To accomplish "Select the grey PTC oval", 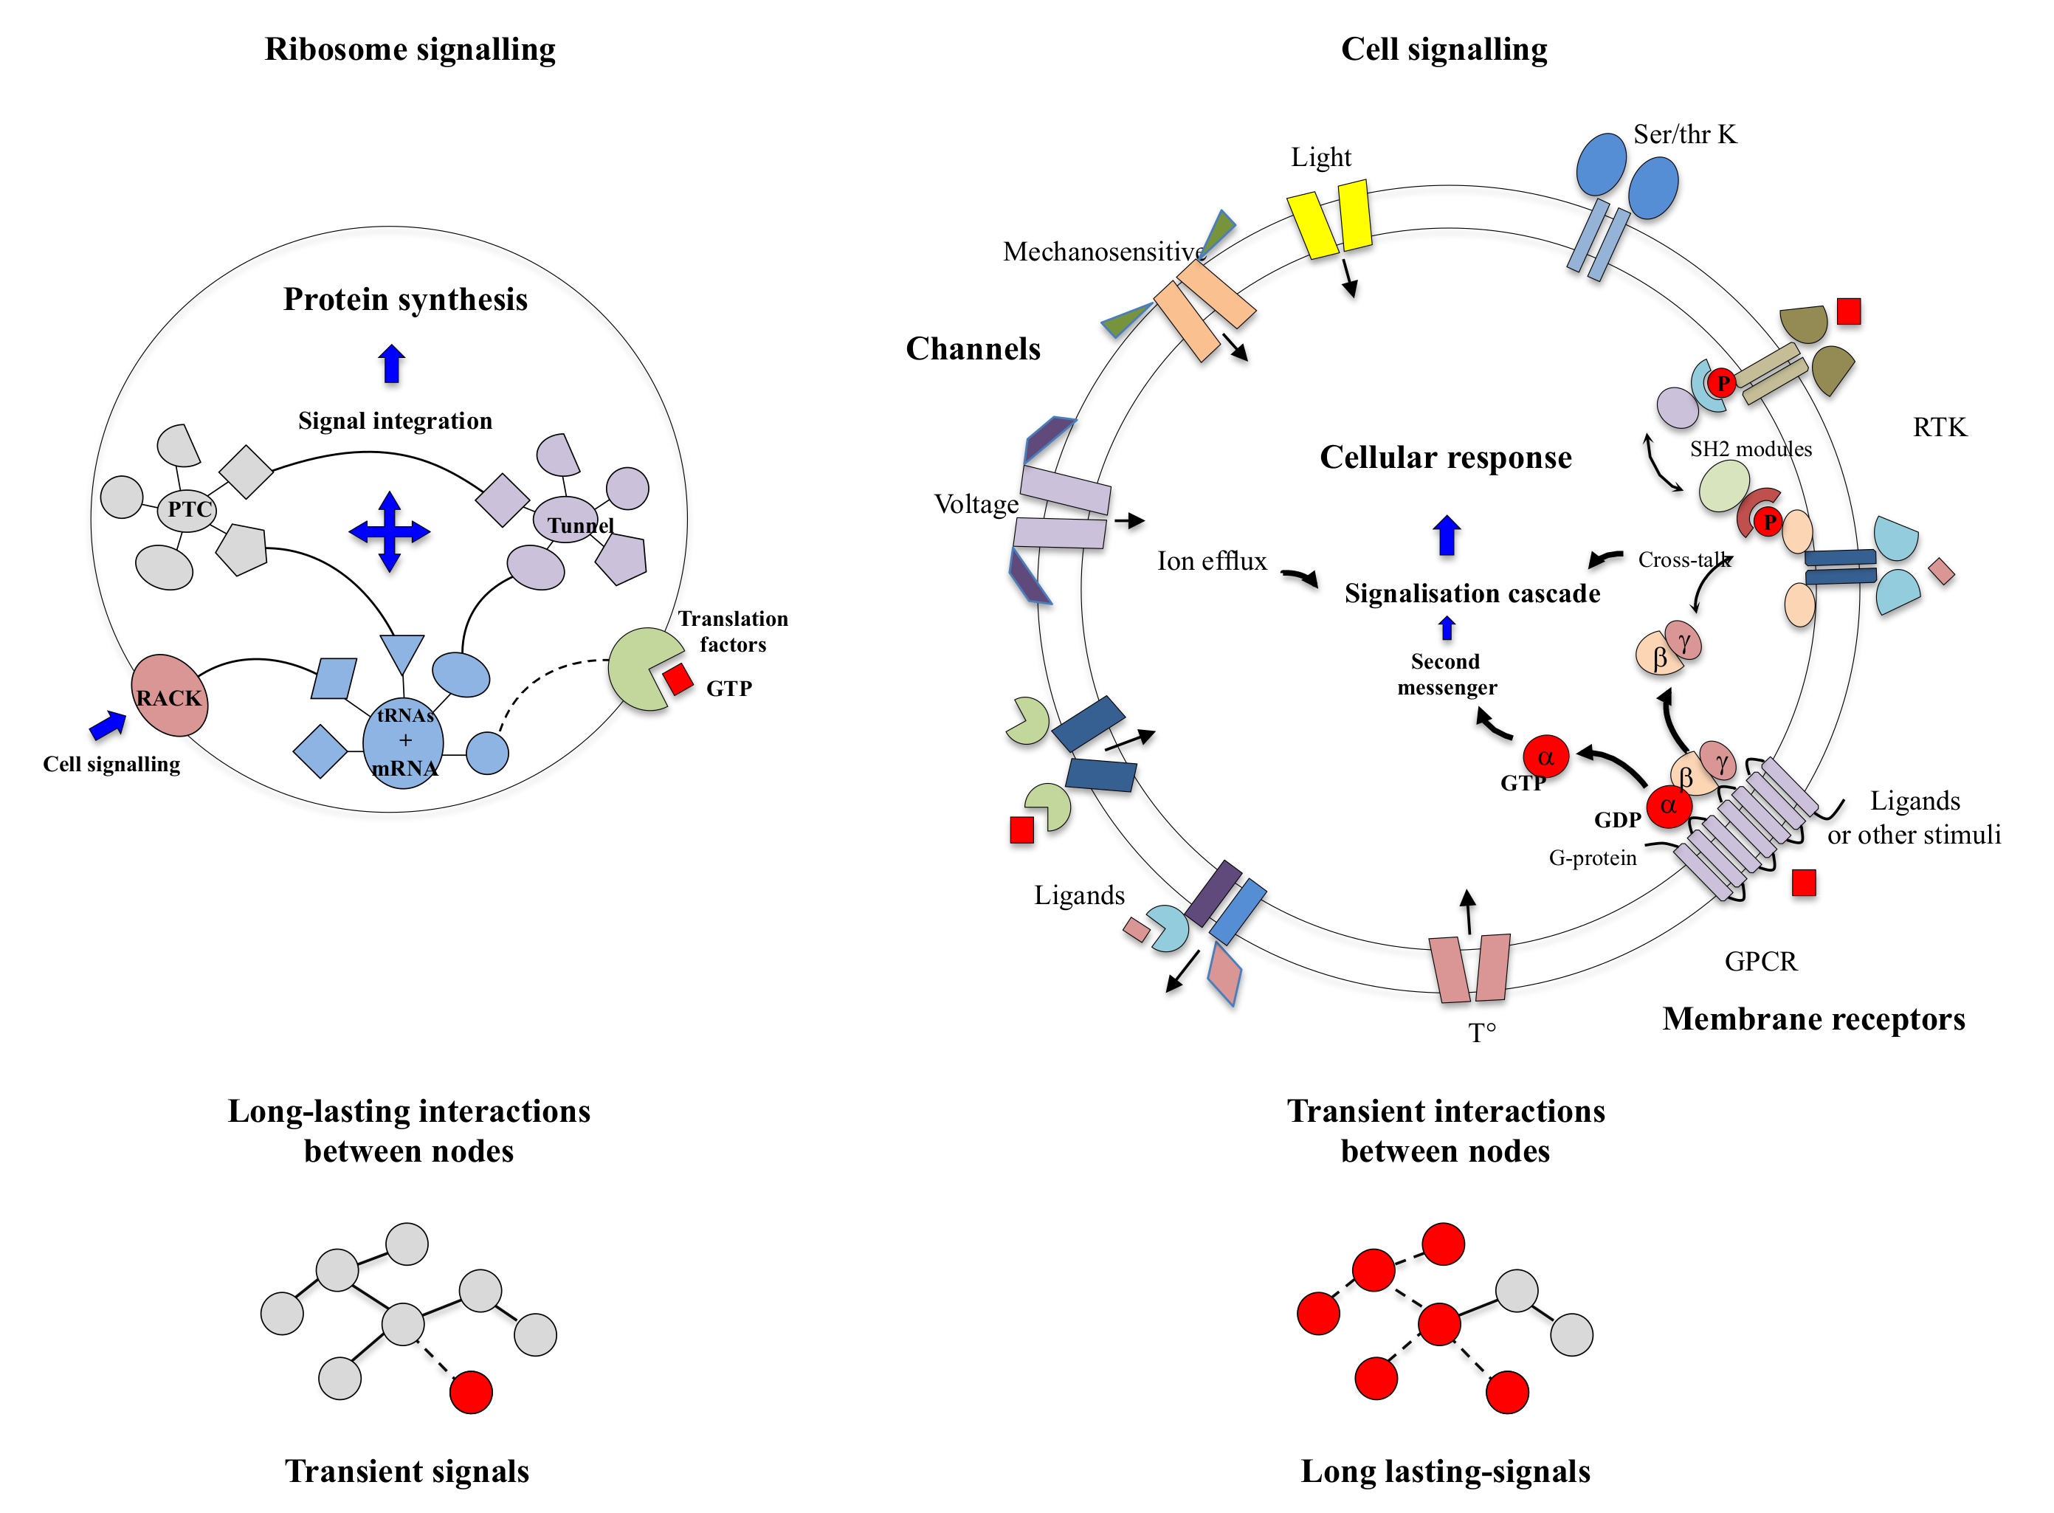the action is coord(187,509).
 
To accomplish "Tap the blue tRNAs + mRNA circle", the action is coord(403,742).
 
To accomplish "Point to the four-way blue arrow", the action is coord(389,531).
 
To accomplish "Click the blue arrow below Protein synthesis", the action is coord(392,364).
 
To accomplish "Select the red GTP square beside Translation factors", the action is coord(678,679).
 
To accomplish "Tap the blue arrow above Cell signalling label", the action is coord(108,725).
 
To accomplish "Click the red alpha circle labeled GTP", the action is coord(1545,756).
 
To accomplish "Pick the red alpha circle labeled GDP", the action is coord(1669,805).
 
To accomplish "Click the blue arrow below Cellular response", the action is coord(1447,536).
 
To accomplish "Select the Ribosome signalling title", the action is coord(410,49).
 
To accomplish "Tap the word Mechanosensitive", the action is coord(1103,251).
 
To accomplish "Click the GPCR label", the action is coord(1760,961).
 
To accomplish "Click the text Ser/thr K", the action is coord(1685,134).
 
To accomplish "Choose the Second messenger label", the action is coord(1447,674).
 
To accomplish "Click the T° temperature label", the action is coord(1482,1033).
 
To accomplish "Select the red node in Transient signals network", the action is coord(471,1392).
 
